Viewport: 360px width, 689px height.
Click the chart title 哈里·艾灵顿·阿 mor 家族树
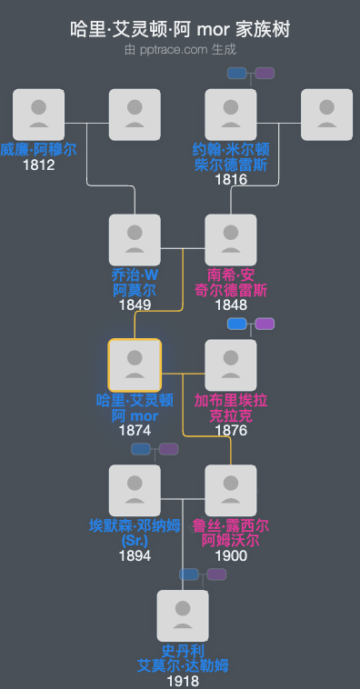point(180,30)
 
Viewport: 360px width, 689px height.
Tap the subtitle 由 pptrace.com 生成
point(180,50)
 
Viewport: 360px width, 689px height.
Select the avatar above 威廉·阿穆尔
point(39,115)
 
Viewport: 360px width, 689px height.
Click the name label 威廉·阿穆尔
point(39,149)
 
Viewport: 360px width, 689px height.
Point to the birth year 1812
point(39,165)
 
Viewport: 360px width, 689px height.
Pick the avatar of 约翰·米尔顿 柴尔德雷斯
point(231,115)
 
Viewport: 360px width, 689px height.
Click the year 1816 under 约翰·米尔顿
point(231,179)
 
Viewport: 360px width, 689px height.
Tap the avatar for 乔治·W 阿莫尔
point(135,240)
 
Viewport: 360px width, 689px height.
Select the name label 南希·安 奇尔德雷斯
point(231,282)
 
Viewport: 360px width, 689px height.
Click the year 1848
point(231,305)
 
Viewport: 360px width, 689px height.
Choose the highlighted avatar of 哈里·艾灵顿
point(135,365)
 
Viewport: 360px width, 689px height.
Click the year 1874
point(135,430)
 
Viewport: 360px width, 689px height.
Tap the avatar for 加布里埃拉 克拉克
point(231,365)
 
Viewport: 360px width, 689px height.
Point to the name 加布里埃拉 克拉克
point(231,407)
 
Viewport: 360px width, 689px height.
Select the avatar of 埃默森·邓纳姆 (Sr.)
point(135,491)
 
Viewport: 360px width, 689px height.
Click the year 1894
point(135,555)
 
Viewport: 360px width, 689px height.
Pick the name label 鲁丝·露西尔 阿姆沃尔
point(231,533)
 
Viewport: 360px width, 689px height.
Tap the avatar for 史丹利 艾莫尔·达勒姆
point(183,616)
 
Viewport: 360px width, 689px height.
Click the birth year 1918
point(183,681)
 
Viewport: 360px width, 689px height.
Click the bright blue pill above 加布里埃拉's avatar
point(237,324)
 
